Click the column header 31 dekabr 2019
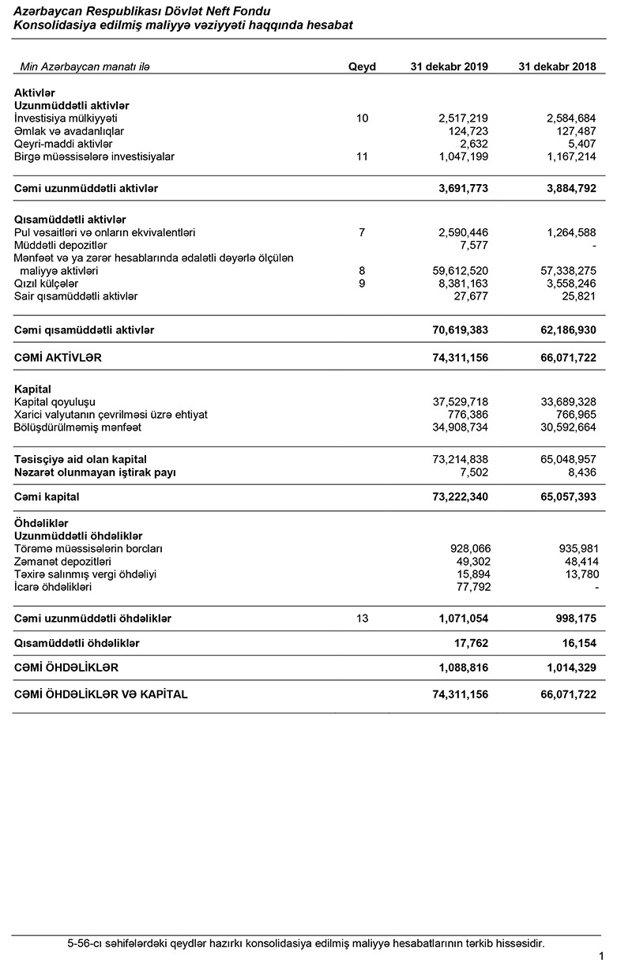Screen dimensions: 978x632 449,67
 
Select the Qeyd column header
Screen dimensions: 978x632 362,67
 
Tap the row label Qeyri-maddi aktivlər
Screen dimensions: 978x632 63,144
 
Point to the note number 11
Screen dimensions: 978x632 362,156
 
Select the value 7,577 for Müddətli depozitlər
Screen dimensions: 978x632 473,245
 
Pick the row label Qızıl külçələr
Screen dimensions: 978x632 47,283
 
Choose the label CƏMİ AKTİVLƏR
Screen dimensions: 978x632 58,358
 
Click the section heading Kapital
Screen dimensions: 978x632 32,389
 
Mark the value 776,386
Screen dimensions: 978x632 466,415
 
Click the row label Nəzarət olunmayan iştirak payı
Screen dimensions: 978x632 95,472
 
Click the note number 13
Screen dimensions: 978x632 362,619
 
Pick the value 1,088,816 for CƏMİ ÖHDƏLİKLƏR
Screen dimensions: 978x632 463,668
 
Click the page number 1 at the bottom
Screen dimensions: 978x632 601,957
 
